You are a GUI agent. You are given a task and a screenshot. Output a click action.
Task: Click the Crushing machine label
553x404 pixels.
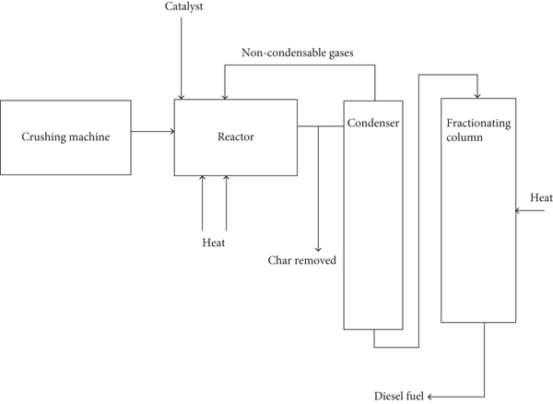tap(65, 137)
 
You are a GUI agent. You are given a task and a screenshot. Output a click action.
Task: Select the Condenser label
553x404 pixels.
tap(373, 123)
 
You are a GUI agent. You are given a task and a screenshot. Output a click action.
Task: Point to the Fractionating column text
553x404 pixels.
tap(476, 130)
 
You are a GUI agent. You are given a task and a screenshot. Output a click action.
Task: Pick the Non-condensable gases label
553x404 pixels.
tap(298, 53)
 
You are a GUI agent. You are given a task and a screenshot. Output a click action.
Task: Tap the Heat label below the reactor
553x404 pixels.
tap(214, 243)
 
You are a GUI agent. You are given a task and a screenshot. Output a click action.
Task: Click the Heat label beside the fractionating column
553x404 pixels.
tap(540, 198)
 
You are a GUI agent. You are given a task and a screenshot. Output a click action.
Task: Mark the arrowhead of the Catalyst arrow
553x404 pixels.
tap(182, 96)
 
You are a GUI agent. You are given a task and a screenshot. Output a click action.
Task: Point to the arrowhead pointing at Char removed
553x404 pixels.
tap(318, 247)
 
